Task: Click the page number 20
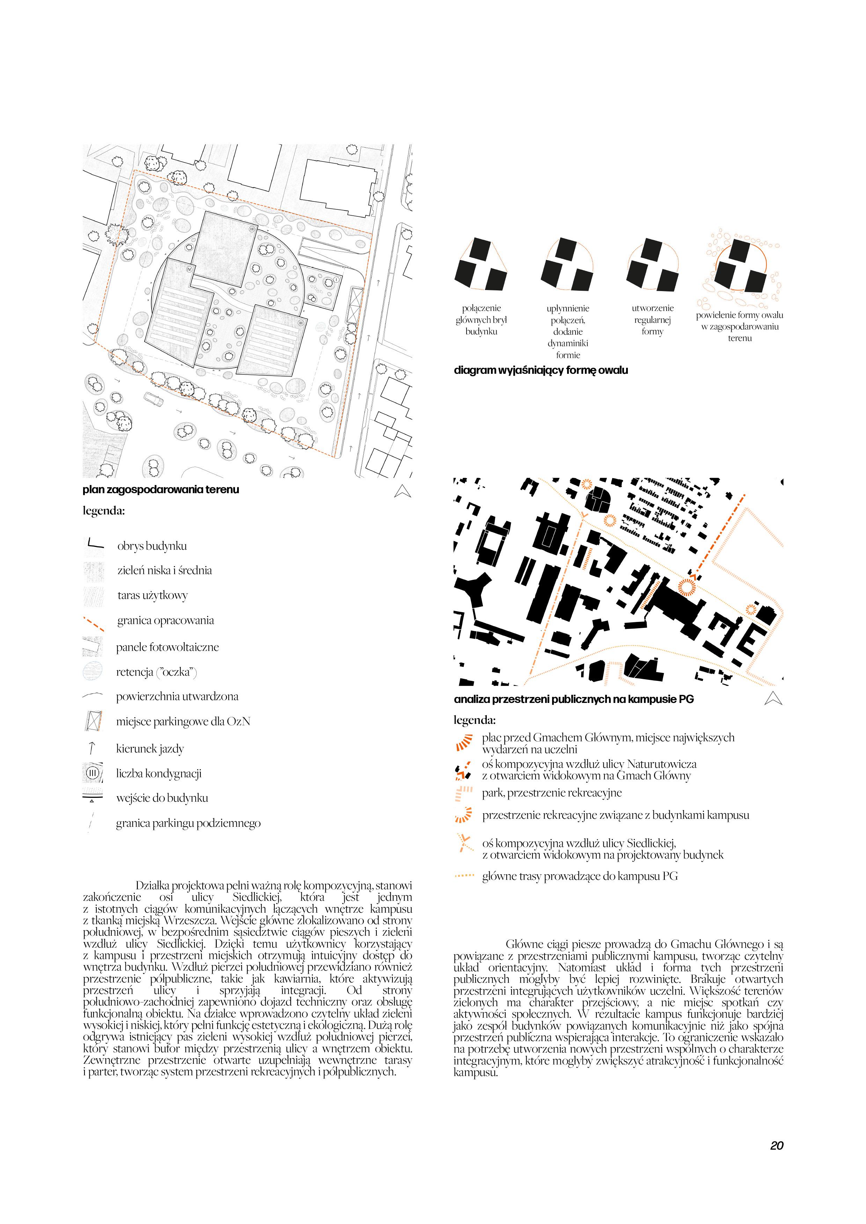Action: click(776, 1145)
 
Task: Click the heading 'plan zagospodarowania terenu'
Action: click(161, 489)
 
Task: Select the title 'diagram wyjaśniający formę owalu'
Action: click(541, 370)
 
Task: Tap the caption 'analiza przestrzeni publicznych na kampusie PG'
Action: click(574, 699)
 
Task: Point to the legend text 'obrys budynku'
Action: click(152, 546)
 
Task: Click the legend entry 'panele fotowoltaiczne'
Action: click(168, 647)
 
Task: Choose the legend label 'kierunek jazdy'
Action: click(150, 749)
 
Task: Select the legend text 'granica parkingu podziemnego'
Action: click(188, 823)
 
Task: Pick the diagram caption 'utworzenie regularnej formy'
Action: click(653, 320)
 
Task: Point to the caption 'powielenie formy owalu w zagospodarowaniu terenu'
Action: click(739, 326)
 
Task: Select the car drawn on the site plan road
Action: click(154, 399)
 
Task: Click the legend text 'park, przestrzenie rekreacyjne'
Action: click(551, 793)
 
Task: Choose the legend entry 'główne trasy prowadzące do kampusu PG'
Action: click(580, 876)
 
